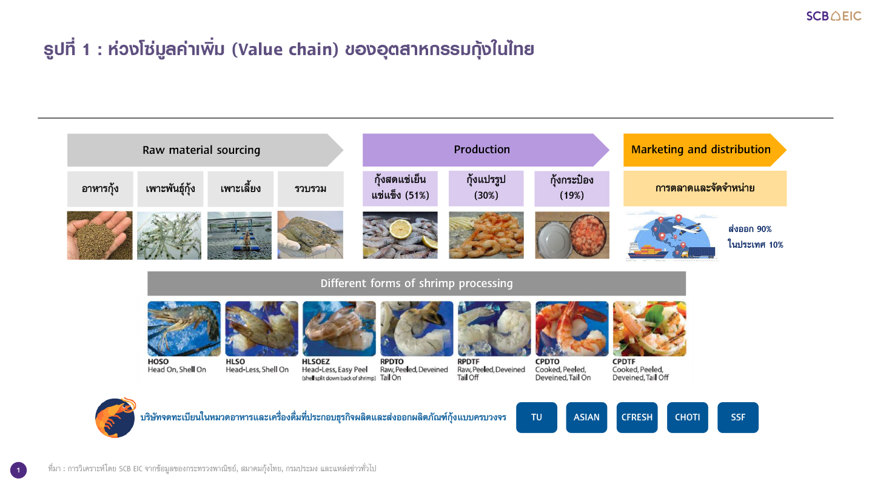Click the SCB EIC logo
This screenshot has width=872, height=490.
833,16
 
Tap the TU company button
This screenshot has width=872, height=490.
537,417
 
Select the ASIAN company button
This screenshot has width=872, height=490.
586,417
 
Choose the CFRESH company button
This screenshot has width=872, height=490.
637,417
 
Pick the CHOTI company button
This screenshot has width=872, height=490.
688,417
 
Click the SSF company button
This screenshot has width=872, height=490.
738,417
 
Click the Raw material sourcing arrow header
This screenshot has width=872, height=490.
205,150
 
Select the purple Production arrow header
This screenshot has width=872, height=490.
486,150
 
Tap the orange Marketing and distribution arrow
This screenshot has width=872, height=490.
705,150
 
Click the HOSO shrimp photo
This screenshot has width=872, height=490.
184,329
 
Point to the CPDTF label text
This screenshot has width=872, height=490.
623,362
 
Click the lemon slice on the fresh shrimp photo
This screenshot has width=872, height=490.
401,229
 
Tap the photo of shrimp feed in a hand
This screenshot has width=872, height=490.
99,235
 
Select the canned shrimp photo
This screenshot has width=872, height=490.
572,235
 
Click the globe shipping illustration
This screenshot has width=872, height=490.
672,236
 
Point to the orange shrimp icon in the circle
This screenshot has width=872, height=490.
116,418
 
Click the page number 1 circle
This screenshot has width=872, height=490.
18,470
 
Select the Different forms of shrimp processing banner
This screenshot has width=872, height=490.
417,283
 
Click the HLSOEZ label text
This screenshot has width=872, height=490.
316,362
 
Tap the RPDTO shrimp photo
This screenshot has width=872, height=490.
417,329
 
